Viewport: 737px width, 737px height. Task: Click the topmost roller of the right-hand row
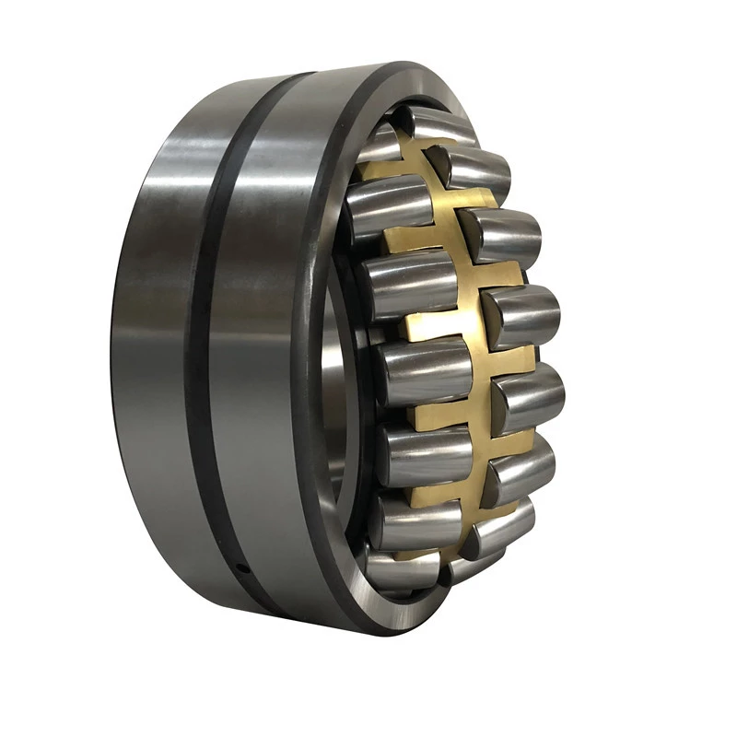pos(479,170)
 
